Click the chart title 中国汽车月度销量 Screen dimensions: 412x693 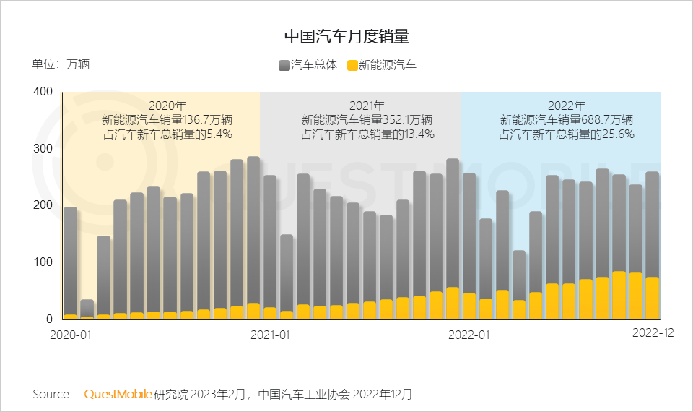coord(346,35)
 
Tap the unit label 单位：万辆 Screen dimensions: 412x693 coord(61,64)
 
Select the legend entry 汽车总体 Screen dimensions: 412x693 coord(308,65)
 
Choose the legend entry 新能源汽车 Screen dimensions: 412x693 coord(382,65)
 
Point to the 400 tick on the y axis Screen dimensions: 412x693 coord(43,92)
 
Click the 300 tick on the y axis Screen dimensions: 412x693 coord(43,149)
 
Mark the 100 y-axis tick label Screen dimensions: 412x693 coord(43,262)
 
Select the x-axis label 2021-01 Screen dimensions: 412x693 coord(270,335)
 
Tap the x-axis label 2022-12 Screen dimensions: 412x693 coord(653,332)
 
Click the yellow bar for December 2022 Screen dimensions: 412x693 coord(653,298)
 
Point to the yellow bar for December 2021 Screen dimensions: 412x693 coord(453,304)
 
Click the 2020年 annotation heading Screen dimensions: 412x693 coord(167,106)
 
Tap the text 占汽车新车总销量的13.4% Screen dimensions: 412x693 coord(367,133)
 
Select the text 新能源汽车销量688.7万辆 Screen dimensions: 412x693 coord(567,119)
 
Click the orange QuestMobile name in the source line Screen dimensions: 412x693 coord(118,394)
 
